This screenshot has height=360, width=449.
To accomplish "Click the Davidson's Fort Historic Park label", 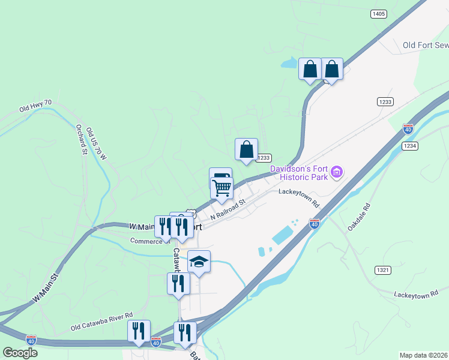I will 299,173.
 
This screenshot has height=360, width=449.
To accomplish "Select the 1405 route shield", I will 378,14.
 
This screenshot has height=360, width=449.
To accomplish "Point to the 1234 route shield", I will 410,146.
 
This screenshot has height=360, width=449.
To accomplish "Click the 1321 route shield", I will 383,270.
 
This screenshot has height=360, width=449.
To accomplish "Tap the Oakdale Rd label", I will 360,217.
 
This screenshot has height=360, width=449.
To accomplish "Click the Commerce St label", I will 150,241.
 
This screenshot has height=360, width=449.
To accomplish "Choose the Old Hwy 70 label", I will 35,106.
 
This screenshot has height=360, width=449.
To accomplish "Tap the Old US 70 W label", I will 95,144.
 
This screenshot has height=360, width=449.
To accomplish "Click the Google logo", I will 20,352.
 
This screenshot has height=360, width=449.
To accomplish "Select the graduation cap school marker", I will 199,262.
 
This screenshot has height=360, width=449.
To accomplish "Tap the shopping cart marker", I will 222,188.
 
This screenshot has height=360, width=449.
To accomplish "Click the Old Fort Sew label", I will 426,45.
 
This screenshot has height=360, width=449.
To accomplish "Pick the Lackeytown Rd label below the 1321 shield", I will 417,295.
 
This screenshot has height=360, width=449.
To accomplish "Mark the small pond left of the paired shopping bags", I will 289,62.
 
